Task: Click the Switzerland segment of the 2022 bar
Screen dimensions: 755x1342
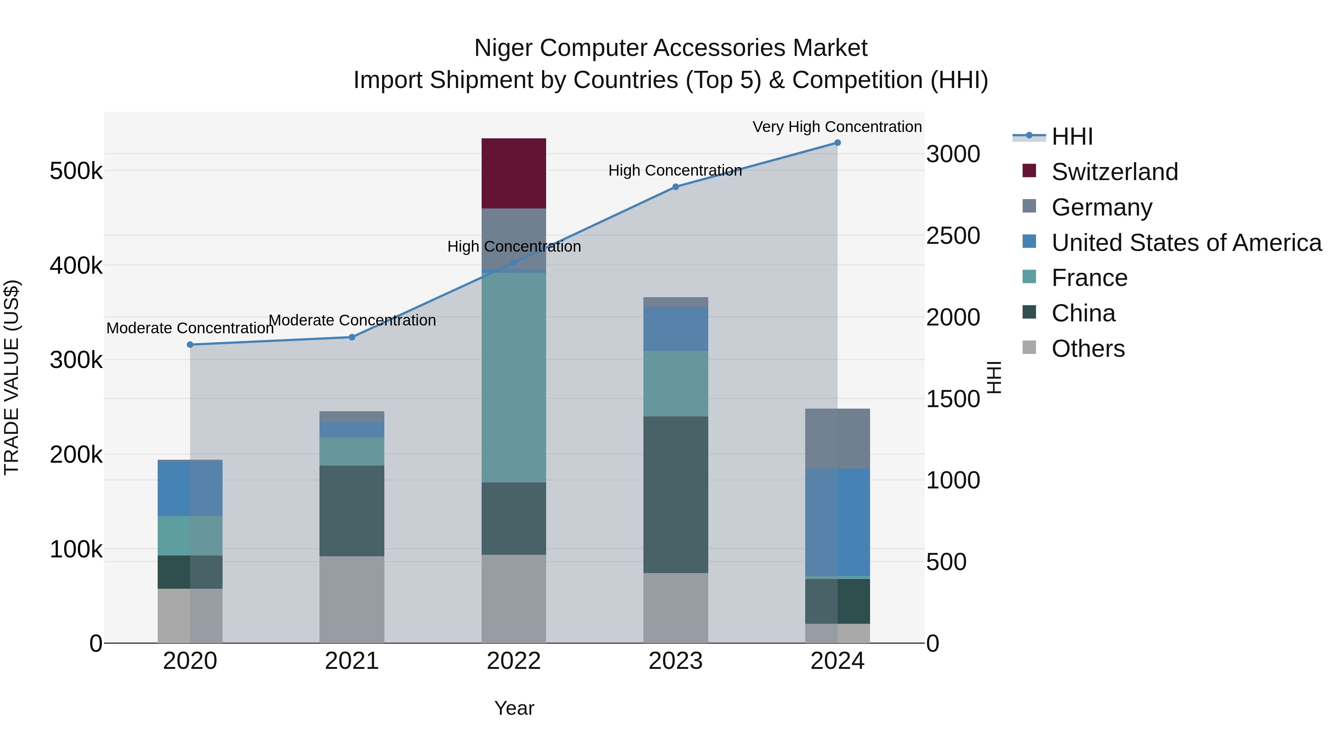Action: [x=513, y=173]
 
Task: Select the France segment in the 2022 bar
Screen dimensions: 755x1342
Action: [x=513, y=377]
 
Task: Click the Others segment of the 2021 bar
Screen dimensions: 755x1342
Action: [x=352, y=599]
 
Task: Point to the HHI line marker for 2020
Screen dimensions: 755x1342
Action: [x=190, y=345]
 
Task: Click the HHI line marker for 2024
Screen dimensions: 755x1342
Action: [x=837, y=143]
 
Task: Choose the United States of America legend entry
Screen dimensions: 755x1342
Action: [x=1186, y=243]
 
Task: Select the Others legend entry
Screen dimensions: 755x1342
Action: [x=1088, y=349]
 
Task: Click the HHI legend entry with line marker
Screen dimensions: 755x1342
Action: [x=1072, y=136]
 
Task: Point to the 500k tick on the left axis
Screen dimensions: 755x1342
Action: [x=76, y=171]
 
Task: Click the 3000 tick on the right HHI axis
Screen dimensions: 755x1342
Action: [x=953, y=154]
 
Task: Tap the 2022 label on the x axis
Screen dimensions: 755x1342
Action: [x=513, y=661]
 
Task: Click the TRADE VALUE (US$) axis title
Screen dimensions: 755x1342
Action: [x=12, y=377]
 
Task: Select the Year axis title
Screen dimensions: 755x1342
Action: [x=514, y=708]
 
